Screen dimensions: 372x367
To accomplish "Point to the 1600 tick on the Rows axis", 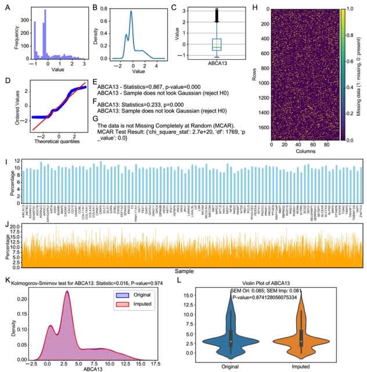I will point(262,127).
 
